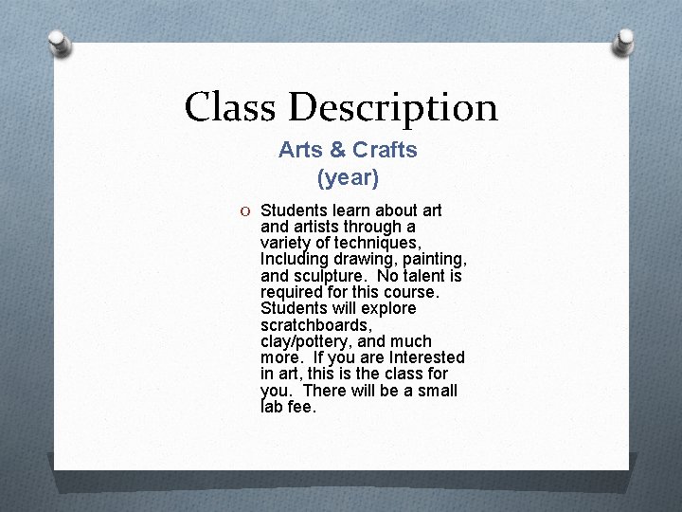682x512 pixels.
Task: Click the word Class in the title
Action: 230,106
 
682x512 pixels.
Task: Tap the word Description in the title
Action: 392,108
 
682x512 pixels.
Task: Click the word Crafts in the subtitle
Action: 385,150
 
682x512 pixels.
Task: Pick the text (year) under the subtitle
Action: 348,177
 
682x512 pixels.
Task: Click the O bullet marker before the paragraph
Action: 245,210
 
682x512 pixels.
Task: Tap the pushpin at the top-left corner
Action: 59,43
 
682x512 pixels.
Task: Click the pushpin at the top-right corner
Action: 623,42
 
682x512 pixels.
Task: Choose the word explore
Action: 387,308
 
